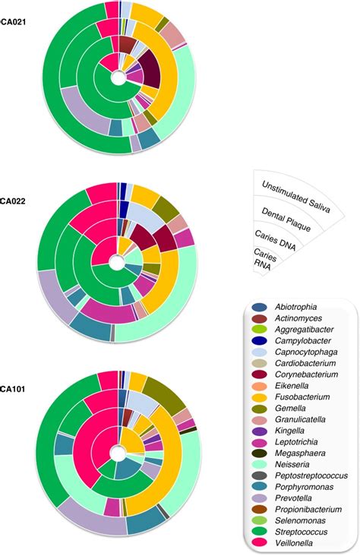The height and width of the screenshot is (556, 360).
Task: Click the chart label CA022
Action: point(13,202)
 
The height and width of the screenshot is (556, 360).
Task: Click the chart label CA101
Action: point(13,372)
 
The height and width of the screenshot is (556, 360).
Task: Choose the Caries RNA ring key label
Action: point(265,261)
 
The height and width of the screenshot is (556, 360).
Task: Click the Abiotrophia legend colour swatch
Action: point(261,308)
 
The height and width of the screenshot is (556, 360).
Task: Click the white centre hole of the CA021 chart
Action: point(117,78)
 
